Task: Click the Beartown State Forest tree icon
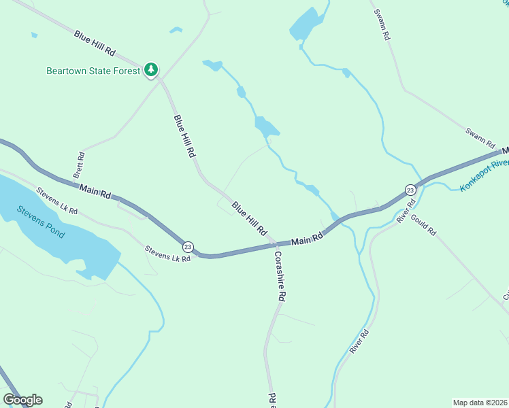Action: (x=151, y=70)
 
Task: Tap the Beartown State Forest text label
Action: (x=93, y=71)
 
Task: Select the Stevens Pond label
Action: (x=41, y=222)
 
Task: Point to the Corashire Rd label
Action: (x=279, y=276)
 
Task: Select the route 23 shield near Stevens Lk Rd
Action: (x=188, y=246)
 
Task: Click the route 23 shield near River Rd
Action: (x=410, y=190)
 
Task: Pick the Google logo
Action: (x=22, y=400)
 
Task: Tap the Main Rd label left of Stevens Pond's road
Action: (x=95, y=191)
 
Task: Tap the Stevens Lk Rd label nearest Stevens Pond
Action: (x=57, y=201)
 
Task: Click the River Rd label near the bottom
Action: (x=359, y=341)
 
